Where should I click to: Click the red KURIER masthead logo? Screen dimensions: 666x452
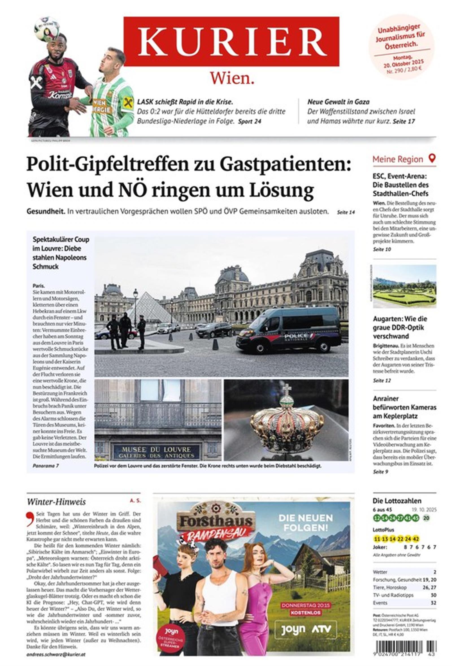[231, 41]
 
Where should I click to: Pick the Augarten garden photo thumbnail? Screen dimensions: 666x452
[405, 286]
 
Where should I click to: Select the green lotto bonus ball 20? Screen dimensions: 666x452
[426, 518]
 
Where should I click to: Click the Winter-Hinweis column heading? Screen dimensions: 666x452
[56, 502]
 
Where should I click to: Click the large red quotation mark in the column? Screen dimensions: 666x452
[30, 519]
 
